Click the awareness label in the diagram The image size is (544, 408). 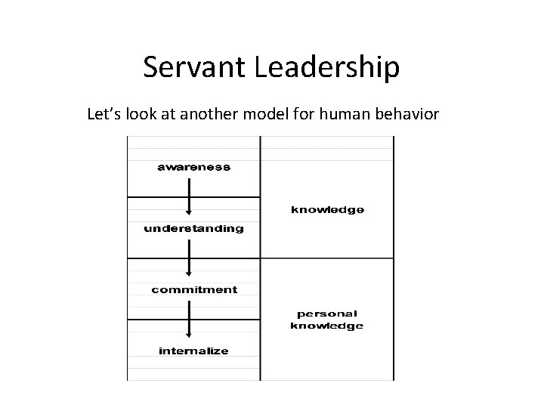point(193,166)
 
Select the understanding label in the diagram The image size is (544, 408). point(193,227)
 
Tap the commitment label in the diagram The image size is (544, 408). point(193,289)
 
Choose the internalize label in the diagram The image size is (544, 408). point(193,351)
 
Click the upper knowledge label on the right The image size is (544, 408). point(327,209)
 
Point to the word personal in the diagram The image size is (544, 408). point(327,314)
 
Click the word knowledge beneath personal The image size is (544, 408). point(327,326)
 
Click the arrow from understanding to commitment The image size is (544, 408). point(189,258)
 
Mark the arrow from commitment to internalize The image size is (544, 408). point(189,320)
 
